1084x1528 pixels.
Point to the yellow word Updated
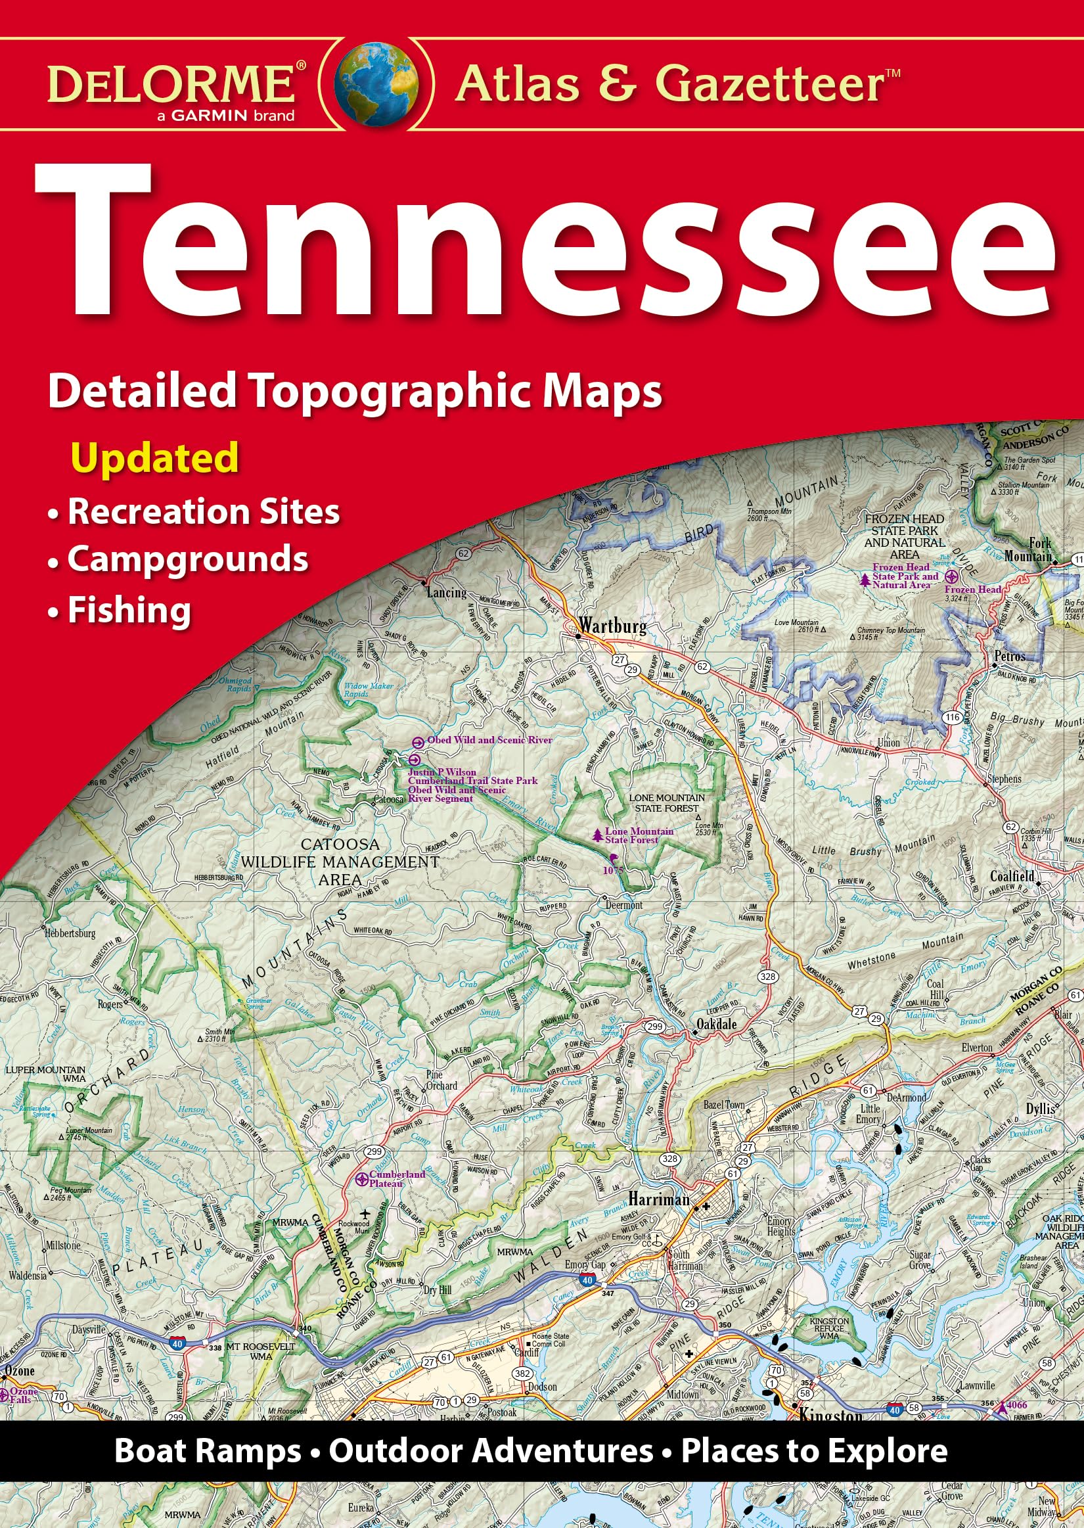click(155, 457)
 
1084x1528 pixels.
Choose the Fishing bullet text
click(129, 610)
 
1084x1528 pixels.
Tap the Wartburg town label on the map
click(612, 626)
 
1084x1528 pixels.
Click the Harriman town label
click(658, 1199)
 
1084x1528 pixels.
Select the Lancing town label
click(446, 592)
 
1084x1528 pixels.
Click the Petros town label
click(1009, 656)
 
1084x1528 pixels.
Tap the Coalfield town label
click(1012, 876)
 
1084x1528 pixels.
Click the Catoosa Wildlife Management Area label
click(340, 862)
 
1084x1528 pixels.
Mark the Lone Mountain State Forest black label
click(666, 802)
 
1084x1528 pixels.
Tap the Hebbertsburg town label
click(70, 933)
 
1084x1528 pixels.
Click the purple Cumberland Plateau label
click(397, 1179)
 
